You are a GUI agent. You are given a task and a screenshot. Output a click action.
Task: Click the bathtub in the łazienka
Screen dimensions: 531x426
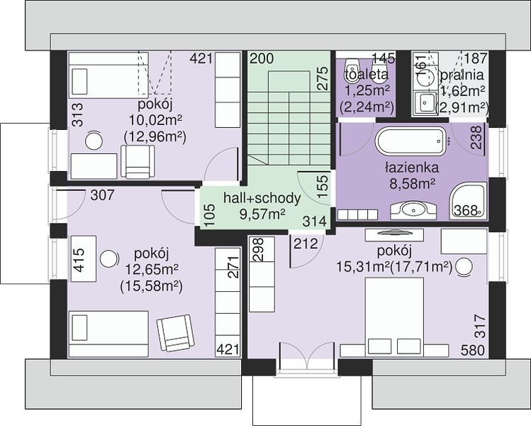click(x=410, y=141)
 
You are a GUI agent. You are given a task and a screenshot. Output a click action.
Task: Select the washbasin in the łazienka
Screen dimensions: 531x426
click(x=413, y=210)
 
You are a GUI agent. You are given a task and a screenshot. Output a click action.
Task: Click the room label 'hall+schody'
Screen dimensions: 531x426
click(x=262, y=198)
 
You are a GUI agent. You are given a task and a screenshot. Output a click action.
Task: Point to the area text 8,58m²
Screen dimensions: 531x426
click(x=412, y=184)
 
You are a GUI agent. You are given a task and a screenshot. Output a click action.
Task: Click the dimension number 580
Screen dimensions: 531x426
click(x=472, y=350)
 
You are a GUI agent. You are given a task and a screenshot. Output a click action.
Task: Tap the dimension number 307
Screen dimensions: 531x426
click(x=103, y=195)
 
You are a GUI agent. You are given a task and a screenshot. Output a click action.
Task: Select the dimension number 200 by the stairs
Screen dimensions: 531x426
click(x=262, y=58)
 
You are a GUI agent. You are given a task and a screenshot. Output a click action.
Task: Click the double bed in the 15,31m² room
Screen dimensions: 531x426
click(x=394, y=317)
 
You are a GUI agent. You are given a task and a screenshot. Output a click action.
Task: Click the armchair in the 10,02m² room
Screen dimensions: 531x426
click(x=138, y=162)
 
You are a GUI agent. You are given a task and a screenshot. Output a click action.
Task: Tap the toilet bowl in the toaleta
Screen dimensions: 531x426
click(x=350, y=70)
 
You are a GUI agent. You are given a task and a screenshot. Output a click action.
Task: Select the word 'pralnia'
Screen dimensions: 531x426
click(x=462, y=75)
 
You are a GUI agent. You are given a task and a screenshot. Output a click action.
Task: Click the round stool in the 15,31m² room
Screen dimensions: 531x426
click(x=464, y=266)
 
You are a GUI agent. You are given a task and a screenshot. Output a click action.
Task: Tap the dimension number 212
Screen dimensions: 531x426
click(x=306, y=244)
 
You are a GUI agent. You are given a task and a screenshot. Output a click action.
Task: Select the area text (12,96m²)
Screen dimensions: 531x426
click(x=155, y=137)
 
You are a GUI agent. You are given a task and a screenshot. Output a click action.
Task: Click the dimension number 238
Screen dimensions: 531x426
click(x=476, y=137)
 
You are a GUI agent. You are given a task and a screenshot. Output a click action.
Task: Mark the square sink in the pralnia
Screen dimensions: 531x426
click(x=423, y=102)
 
